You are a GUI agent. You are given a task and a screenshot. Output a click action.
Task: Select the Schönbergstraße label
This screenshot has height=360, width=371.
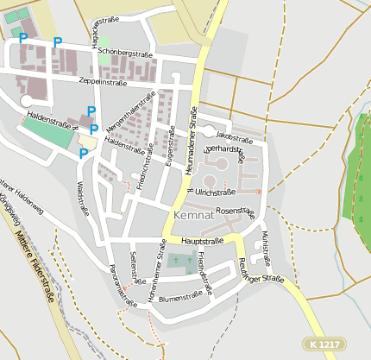125,53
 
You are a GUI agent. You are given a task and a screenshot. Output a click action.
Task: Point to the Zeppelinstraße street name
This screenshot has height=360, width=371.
103,81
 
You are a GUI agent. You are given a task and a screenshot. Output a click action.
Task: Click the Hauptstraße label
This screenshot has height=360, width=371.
203,241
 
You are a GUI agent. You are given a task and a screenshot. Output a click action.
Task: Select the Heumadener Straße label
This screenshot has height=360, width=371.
192,142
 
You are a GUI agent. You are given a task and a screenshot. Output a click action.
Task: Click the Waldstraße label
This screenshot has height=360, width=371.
84,196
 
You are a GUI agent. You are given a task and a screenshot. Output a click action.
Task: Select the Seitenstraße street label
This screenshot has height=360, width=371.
134,268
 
